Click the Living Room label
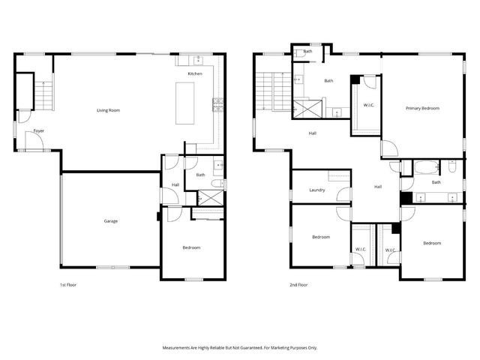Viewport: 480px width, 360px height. tap(108, 110)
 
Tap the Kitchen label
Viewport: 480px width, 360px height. tap(195, 74)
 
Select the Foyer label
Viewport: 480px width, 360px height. tap(38, 131)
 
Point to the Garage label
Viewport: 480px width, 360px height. tap(110, 220)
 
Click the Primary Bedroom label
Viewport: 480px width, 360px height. tap(422, 109)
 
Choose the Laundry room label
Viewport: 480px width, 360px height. tap(316, 190)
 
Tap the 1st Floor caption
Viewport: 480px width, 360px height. tap(68, 285)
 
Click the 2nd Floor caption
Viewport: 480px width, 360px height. tap(298, 285)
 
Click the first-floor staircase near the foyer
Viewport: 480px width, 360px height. tap(45, 94)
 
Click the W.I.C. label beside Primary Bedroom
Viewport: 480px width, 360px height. tap(368, 105)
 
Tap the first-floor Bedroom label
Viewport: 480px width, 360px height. tap(191, 247)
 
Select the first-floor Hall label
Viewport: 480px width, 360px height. tap(175, 184)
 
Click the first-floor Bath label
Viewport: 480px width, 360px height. tap(200, 175)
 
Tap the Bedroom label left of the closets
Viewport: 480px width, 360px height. tap(321, 237)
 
